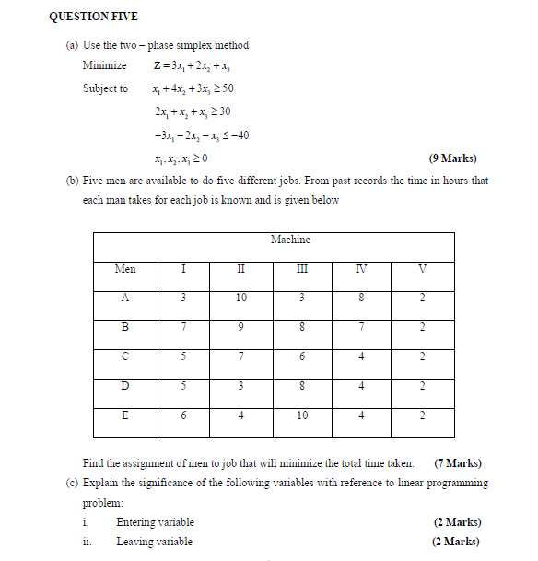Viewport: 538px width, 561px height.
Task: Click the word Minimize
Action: click(104, 65)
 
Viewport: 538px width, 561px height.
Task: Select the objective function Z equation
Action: click(193, 65)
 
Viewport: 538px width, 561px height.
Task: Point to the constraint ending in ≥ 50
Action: click(194, 88)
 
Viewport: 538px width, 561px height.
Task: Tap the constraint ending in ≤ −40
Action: click(201, 135)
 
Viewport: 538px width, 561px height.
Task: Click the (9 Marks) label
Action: click(453, 158)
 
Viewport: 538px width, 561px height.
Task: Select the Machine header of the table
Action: click(290, 240)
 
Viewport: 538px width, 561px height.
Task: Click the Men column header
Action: click(125, 269)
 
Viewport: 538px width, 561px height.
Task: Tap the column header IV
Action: click(362, 269)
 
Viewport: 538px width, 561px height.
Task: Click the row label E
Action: click(125, 415)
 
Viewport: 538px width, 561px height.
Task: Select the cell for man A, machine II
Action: click(241, 298)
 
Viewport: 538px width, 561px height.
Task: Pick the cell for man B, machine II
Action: click(241, 327)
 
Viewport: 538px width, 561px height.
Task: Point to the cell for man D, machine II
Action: click(241, 386)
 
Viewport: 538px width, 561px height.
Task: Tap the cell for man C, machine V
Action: click(423, 356)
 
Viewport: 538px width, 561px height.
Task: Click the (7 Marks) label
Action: click(457, 462)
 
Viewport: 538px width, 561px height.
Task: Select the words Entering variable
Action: click(155, 522)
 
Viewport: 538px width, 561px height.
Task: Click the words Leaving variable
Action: click(154, 542)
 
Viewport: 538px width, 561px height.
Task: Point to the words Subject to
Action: click(105, 88)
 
